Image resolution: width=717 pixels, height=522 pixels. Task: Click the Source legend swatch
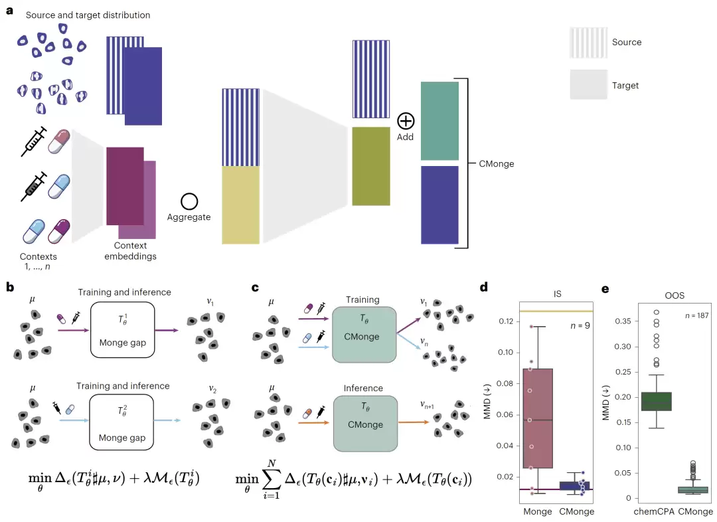pyautogui.click(x=588, y=43)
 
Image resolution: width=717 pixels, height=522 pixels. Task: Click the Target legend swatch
pyautogui.click(x=588, y=84)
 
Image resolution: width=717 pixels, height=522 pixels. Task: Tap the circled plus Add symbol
pyautogui.click(x=406, y=122)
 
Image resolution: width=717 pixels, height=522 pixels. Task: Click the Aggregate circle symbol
pyautogui.click(x=189, y=201)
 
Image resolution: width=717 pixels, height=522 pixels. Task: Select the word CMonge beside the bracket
pyautogui.click(x=496, y=164)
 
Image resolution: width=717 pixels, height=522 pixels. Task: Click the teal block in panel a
pyautogui.click(x=439, y=121)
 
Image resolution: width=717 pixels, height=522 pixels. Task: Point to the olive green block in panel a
pyautogui.click(x=371, y=166)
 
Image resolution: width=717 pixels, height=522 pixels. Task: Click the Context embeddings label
pyautogui.click(x=130, y=251)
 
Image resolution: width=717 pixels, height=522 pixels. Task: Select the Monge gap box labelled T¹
pyautogui.click(x=123, y=329)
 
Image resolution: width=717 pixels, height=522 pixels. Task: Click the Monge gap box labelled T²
pyautogui.click(x=121, y=423)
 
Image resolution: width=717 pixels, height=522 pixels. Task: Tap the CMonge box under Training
pyautogui.click(x=364, y=335)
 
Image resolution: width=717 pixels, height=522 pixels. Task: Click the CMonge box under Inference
pyautogui.click(x=365, y=424)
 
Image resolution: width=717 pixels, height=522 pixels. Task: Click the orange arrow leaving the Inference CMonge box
pyautogui.click(x=414, y=422)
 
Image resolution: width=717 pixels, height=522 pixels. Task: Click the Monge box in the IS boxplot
pyautogui.click(x=538, y=418)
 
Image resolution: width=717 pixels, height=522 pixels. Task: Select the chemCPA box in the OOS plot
pyautogui.click(x=657, y=401)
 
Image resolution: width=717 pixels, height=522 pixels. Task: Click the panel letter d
pyautogui.click(x=484, y=287)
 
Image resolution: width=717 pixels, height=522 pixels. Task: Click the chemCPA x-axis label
pyautogui.click(x=654, y=511)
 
